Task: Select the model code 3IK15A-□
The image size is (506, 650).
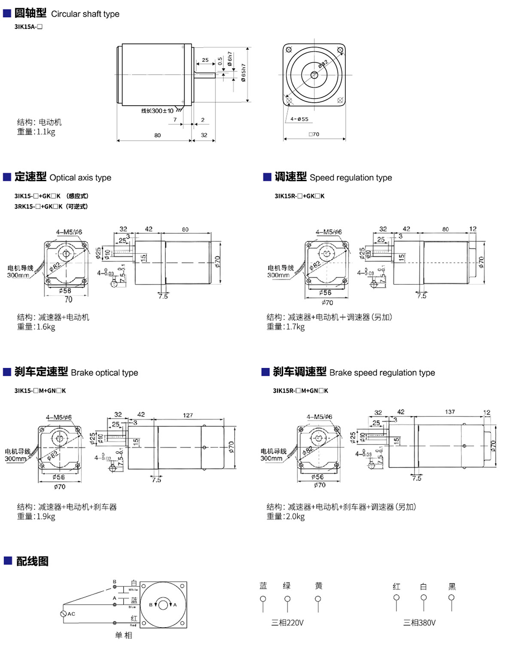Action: pos(28,27)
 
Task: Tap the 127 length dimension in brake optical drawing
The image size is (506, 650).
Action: pos(188,415)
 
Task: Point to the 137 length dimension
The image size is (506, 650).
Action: pos(450,412)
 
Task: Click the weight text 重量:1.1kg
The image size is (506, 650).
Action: pos(36,132)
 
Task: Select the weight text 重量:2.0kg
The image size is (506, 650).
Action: pos(286,516)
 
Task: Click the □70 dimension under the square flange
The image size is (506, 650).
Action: pos(314,134)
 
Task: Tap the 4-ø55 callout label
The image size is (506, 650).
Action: pos(299,119)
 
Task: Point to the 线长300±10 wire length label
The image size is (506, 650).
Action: pos(157,111)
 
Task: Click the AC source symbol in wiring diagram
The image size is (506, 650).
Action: pos(64,614)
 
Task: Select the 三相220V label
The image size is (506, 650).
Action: pos(287,623)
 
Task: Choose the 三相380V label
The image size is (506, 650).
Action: pos(419,623)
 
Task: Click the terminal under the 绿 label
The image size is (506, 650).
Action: pos(287,599)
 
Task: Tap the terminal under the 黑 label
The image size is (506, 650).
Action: pos(451,598)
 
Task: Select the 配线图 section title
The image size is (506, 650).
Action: pos(32,561)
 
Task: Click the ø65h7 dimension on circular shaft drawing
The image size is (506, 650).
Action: pos(244,73)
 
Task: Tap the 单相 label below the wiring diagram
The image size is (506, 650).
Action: pos(124,635)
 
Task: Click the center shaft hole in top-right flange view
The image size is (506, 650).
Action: pos(314,75)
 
